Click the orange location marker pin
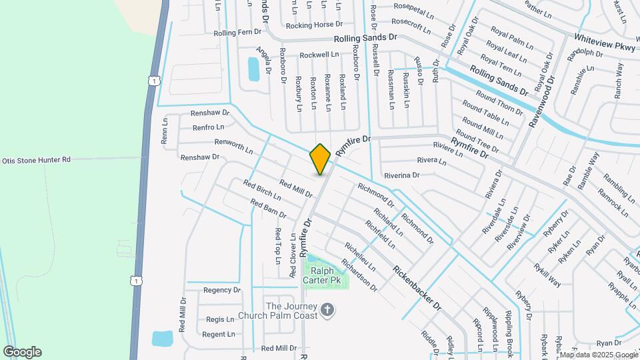pos(320,159)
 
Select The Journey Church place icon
pos(327,309)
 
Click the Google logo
pos(22,352)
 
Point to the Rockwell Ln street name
pos(319,55)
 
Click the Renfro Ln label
pos(208,127)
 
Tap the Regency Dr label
pos(221,290)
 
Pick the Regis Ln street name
pos(220,319)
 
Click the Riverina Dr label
pos(401,175)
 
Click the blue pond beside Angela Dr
pos(253,68)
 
